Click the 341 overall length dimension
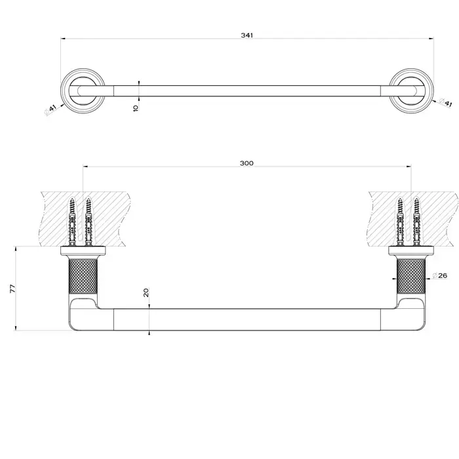[247, 35]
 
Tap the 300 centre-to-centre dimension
[247, 163]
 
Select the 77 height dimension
[12, 289]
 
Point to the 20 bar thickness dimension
[146, 292]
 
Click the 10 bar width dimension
[136, 108]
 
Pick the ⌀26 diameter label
[440, 275]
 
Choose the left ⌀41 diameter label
[50, 110]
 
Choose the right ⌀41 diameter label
[445, 103]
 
